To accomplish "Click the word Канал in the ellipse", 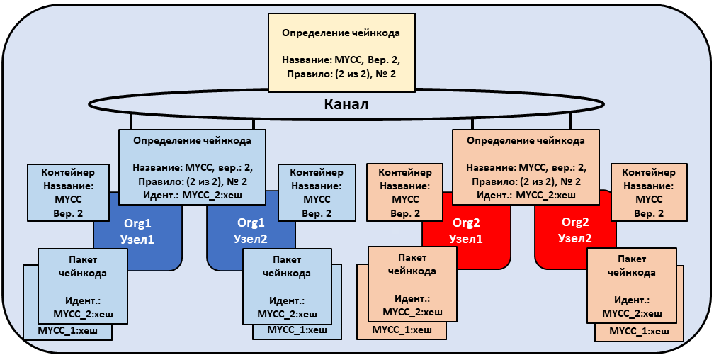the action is pos(346,104).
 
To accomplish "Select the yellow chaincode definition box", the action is pos(341,52).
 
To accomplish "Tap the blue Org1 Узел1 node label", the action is pos(137,231).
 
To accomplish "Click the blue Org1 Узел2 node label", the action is pos(251,231).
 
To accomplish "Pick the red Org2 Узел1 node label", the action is pos(466,231).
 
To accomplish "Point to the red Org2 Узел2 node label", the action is pos(576,230).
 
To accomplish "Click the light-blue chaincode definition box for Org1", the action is pos(192,167).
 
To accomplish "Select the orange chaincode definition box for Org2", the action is pos(526,167).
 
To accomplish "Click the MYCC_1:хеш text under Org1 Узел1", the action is pos(68,330).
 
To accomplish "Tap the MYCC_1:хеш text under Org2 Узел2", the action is pos(640,331).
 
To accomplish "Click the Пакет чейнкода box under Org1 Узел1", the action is pos(82,286).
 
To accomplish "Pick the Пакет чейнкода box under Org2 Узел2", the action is pos(632,286).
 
